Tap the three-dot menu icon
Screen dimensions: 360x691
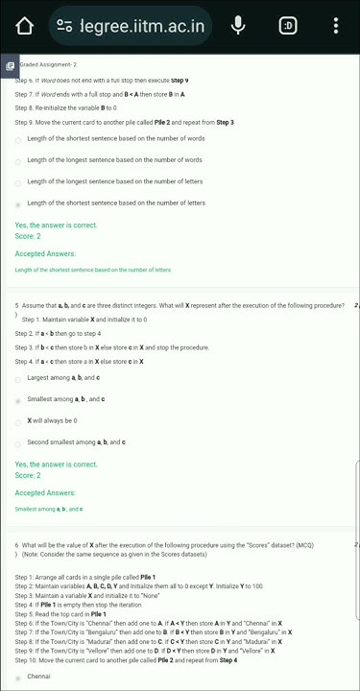coord(335,26)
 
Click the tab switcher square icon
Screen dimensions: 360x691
coord(287,26)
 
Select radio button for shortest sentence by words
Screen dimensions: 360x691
coord(18,139)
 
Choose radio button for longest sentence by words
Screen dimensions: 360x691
coord(18,161)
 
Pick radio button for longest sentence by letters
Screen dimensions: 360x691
coord(18,182)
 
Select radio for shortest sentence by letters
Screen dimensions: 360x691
coord(18,204)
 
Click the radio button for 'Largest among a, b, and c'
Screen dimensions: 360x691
coord(18,378)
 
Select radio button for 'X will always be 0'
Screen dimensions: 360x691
coord(18,421)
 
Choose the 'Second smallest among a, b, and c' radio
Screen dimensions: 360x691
coord(18,442)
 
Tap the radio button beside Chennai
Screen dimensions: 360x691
coord(18,678)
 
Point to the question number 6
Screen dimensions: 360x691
coord(16,544)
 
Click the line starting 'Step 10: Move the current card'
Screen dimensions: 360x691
coord(125,660)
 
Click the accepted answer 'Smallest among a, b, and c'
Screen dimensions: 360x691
coord(48,509)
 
